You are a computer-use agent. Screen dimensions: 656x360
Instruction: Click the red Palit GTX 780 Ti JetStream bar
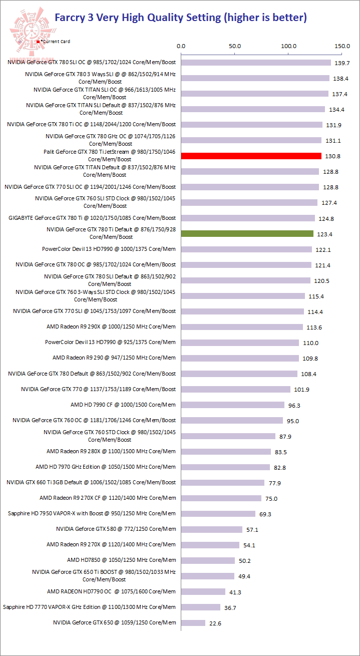[x=251, y=156]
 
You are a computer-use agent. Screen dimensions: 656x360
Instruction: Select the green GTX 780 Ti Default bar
[x=247, y=233]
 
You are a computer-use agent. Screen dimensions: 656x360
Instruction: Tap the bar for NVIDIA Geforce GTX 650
[x=193, y=622]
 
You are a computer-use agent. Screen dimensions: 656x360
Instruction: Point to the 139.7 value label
[x=341, y=63]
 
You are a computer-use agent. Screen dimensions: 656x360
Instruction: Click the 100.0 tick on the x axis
[x=289, y=46]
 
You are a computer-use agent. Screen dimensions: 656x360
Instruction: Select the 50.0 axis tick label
[x=235, y=46]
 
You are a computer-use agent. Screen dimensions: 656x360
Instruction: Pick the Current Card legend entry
[x=54, y=42]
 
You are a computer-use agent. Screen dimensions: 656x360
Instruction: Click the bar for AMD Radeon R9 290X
[x=242, y=327]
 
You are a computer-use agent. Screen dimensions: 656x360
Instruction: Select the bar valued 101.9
[x=236, y=389]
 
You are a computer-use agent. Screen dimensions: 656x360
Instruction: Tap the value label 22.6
[x=216, y=623]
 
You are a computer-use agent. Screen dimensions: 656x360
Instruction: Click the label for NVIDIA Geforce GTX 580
[x=116, y=529]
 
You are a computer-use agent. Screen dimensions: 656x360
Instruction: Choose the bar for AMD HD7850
[x=208, y=560]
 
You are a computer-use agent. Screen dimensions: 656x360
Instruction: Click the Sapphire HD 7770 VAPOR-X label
[x=89, y=607]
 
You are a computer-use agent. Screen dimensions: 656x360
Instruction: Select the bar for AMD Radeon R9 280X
[x=226, y=451]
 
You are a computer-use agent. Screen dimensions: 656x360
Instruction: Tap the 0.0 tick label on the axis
[x=181, y=46]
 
